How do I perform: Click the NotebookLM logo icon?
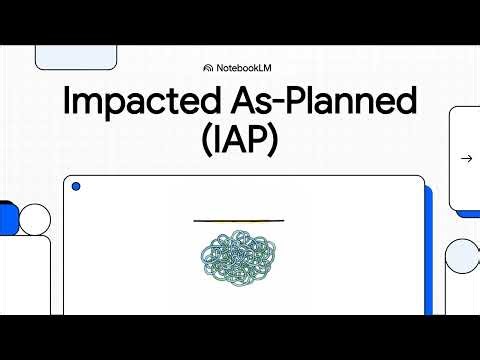208,68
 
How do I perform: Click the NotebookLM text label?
246,68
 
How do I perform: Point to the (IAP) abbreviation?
240,143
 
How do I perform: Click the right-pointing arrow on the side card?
466,158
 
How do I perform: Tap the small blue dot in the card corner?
76,187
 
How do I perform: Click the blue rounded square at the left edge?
8,217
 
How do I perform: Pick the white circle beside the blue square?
35,218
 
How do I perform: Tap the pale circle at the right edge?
462,256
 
